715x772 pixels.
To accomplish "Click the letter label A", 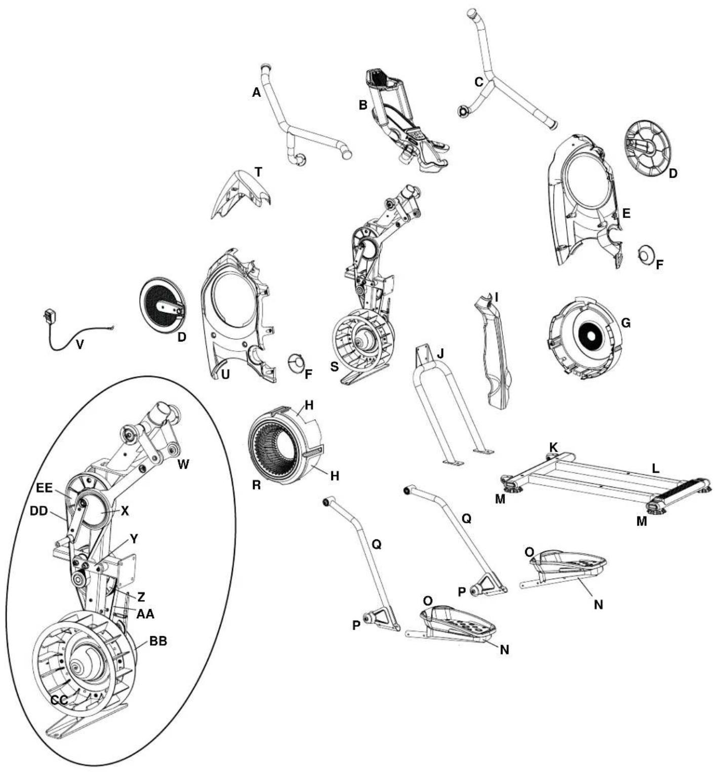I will (256, 92).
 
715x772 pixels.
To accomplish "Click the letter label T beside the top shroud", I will (259, 172).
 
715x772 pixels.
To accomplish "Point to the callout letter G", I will (625, 323).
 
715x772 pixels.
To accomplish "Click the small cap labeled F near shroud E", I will (647, 253).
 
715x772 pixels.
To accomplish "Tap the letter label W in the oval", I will (183, 464).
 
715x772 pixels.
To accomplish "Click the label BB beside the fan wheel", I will (157, 641).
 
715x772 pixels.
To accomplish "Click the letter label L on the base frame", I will (655, 469).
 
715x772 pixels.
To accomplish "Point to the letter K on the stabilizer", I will (553, 447).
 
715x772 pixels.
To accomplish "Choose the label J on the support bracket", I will (440, 353).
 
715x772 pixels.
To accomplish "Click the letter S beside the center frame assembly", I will (334, 366).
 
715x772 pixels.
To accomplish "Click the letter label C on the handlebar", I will (479, 81).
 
